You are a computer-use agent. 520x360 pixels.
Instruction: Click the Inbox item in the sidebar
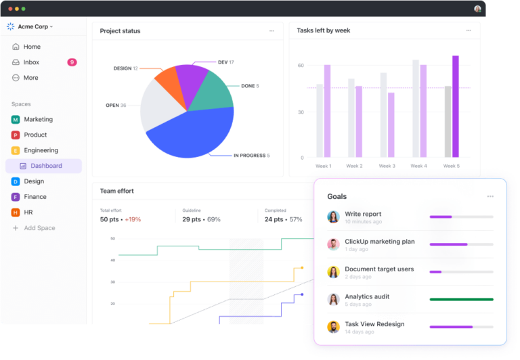tap(31, 62)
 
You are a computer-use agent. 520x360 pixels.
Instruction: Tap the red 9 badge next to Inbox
tap(72, 62)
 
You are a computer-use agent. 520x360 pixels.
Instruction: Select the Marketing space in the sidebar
tap(38, 119)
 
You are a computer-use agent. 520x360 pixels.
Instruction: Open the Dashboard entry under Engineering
tap(45, 166)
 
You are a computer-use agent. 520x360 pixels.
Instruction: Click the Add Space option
tap(39, 228)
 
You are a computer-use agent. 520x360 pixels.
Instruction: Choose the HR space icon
tap(15, 212)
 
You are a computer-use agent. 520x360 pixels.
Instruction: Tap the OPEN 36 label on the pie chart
tap(116, 106)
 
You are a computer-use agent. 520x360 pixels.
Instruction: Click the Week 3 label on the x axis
tap(387, 166)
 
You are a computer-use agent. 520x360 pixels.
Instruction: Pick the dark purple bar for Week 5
tap(456, 106)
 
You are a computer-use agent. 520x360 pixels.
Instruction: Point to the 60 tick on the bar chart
tap(301, 66)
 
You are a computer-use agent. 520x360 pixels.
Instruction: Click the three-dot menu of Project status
tap(272, 30)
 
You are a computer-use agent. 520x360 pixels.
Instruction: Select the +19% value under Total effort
tap(133, 219)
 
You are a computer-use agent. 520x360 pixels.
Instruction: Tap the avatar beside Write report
tap(333, 217)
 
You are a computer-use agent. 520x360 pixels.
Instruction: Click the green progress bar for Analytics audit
tap(461, 299)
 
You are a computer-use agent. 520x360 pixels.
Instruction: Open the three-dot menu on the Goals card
tap(490, 196)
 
